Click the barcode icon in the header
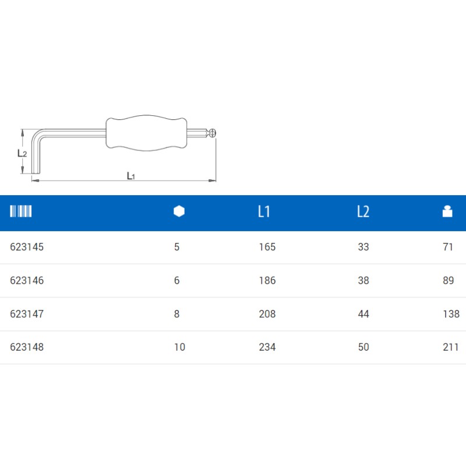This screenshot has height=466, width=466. coord(21,211)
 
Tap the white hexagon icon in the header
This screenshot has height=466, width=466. coord(179,211)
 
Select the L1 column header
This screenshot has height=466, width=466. coord(264,211)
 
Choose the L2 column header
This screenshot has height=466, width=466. coord(363,211)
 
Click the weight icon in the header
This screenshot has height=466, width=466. coord(447,211)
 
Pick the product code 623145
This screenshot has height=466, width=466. coord(27,247)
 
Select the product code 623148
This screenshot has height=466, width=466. coord(27,347)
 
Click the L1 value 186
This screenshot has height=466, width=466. coord(267,281)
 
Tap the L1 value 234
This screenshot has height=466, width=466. coord(267,347)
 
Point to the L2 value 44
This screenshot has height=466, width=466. coord(363,314)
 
